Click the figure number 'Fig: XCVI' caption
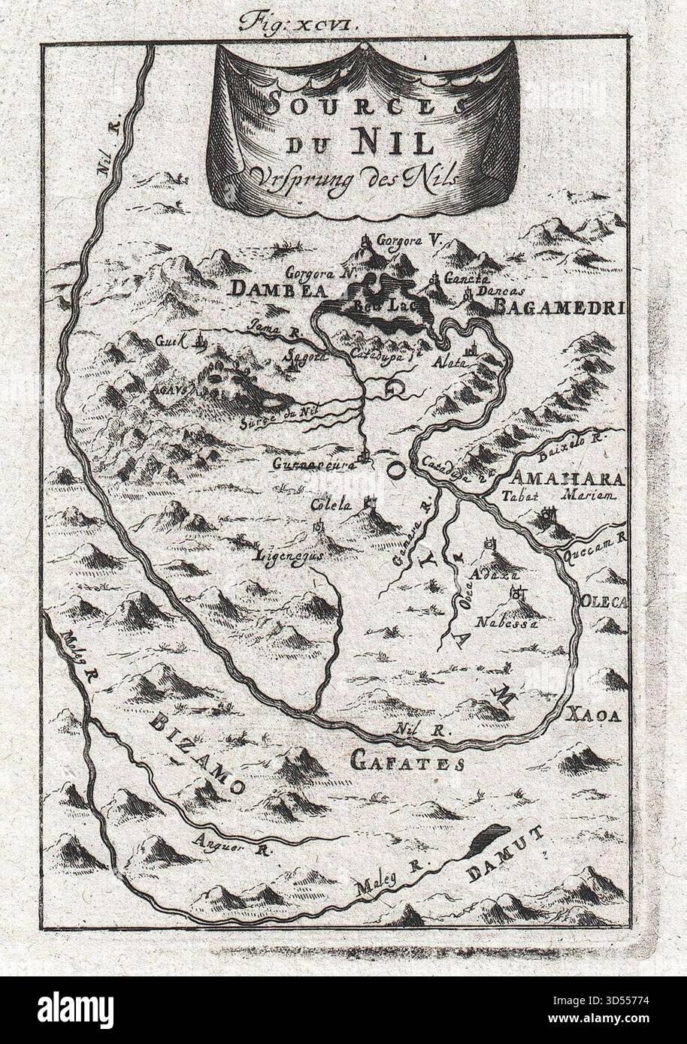click(299, 22)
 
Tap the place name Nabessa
click(508, 623)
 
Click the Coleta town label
click(331, 505)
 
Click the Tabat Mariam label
click(557, 496)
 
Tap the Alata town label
click(451, 361)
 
